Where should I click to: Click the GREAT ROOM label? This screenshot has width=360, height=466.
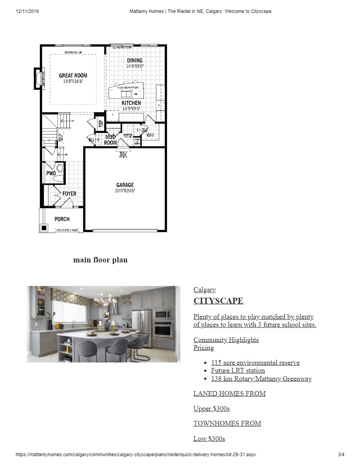[73, 76]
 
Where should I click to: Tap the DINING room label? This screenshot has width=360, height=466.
[135, 60]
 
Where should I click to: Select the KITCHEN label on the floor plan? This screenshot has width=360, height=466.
[131, 103]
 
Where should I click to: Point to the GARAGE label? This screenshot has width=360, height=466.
[125, 185]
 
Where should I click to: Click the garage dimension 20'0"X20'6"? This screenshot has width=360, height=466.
[125, 191]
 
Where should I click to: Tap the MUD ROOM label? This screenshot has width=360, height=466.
[110, 140]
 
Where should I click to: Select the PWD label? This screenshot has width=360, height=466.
[51, 173]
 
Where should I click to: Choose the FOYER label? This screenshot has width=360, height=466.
[69, 194]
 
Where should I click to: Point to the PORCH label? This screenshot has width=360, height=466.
[62, 219]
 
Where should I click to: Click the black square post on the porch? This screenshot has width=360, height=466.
[44, 228]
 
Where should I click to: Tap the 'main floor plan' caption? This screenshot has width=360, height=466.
[100, 260]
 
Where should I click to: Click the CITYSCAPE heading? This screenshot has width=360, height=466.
[218, 301]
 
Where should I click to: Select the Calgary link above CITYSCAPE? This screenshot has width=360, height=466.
[204, 290]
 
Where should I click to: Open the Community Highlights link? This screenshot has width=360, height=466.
[226, 340]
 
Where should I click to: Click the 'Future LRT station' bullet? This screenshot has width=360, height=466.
[238, 371]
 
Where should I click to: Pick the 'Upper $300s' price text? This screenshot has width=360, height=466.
[211, 409]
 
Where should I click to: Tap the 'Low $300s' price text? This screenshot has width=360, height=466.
[209, 439]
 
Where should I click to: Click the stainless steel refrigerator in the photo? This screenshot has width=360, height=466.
[141, 328]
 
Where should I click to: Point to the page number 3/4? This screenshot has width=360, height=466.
[341, 455]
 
